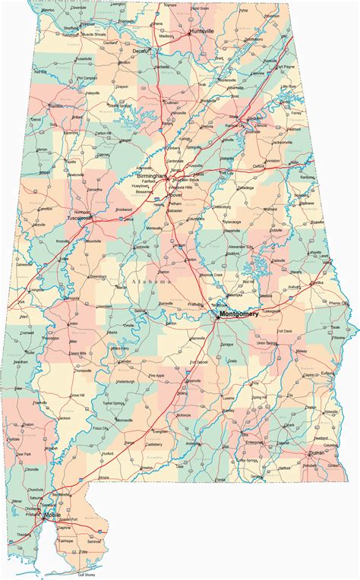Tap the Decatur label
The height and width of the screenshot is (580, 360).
pos(142,51)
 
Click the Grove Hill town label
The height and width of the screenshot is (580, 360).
pos(77,395)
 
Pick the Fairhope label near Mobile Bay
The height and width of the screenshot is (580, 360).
pos(66,541)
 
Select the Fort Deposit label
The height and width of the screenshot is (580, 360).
pos(199,361)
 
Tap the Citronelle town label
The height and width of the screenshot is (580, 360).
pos(32,469)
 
